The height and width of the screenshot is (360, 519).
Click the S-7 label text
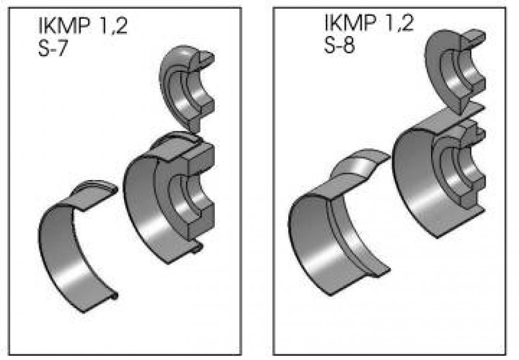click(x=51, y=48)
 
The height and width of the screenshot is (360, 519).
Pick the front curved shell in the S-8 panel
click(x=324, y=244)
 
